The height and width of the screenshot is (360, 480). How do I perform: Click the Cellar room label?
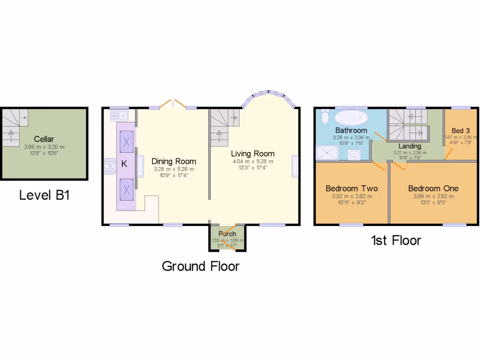(x=44, y=139)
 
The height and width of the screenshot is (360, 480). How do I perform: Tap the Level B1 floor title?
(x=45, y=195)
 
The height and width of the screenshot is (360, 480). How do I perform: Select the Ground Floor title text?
(x=201, y=266)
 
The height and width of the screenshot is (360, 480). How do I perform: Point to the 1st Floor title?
(x=396, y=240)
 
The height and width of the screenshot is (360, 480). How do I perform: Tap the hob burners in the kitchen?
(x=111, y=167)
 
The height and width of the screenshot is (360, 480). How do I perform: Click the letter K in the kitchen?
(x=124, y=164)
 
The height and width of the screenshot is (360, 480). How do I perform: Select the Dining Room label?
(x=173, y=161)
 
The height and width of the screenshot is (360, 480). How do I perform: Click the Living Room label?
(x=253, y=153)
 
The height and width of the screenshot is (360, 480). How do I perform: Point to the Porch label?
(x=227, y=234)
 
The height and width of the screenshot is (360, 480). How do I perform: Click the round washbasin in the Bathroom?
(x=355, y=154)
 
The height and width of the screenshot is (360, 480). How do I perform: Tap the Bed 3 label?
(x=460, y=130)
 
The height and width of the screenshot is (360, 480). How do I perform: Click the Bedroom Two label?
(x=352, y=188)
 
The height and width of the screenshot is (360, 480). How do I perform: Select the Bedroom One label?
(x=433, y=188)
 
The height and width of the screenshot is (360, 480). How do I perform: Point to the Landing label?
(x=410, y=146)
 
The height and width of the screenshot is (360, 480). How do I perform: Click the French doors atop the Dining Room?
(x=172, y=103)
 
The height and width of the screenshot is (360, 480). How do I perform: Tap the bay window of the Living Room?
(x=269, y=94)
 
